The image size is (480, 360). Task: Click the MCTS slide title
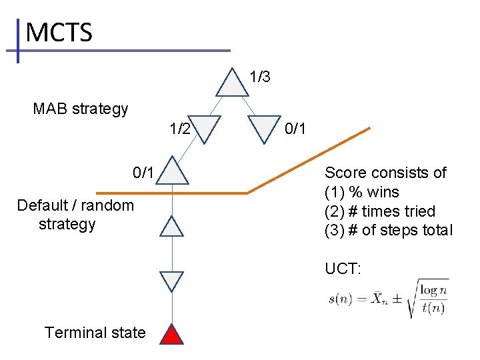tap(59, 32)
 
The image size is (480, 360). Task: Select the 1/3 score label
tap(259, 77)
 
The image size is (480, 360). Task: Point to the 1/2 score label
tap(179, 128)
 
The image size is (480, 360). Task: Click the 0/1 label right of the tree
tap(295, 128)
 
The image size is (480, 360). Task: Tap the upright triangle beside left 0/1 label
tap(173, 171)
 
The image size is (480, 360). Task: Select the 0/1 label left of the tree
tap(144, 173)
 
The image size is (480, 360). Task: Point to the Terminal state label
tap(95, 332)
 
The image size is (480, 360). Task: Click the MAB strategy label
tap(80, 108)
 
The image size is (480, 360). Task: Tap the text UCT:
tap(343, 269)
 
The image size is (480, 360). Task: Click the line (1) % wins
tap(361, 192)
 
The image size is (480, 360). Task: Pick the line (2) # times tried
tap(379, 211)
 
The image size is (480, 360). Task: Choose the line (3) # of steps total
tap(388, 231)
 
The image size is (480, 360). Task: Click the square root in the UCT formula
tap(431, 299)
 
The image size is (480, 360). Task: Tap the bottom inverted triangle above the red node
tap(173, 281)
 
